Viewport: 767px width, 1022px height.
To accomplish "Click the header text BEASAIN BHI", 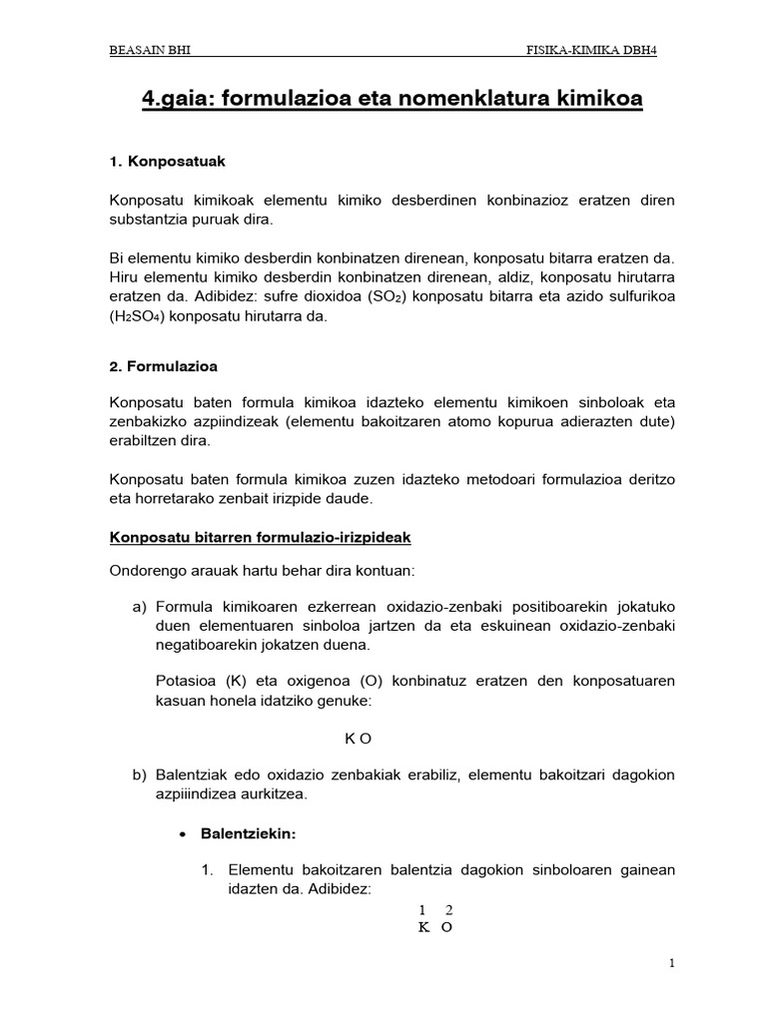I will point(150,52).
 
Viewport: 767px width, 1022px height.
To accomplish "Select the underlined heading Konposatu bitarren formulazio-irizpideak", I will point(260,537).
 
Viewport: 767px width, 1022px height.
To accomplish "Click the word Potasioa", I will point(188,681).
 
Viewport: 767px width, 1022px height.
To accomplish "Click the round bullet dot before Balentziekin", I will point(182,831).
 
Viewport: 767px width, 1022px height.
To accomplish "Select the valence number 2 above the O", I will point(448,909).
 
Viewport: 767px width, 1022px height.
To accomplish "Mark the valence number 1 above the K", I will point(422,909).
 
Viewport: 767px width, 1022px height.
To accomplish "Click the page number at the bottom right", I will point(672,963).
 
